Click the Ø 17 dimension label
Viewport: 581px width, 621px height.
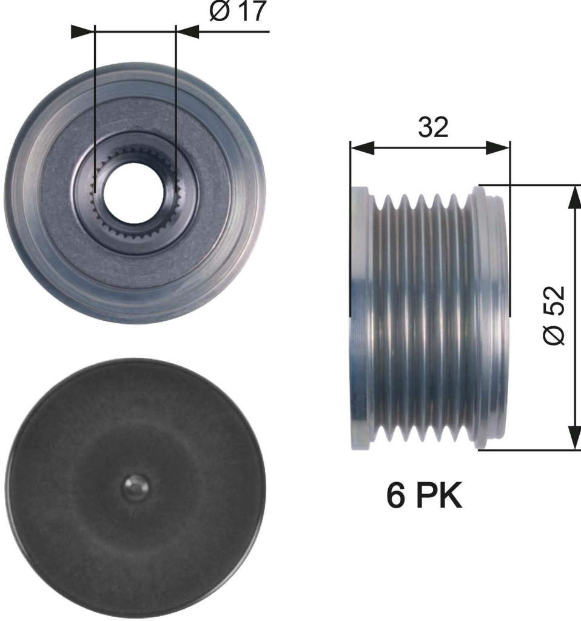[x=237, y=11]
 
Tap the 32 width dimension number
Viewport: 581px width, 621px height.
[x=433, y=127]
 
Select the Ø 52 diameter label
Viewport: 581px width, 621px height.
[x=553, y=315]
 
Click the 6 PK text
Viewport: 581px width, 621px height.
[x=424, y=495]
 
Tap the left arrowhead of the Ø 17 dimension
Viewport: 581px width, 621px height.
[x=82, y=32]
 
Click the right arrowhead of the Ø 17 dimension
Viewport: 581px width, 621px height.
[x=187, y=32]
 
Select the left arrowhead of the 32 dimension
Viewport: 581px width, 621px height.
[x=362, y=148]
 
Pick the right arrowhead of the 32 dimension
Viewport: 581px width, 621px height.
[x=498, y=148]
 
